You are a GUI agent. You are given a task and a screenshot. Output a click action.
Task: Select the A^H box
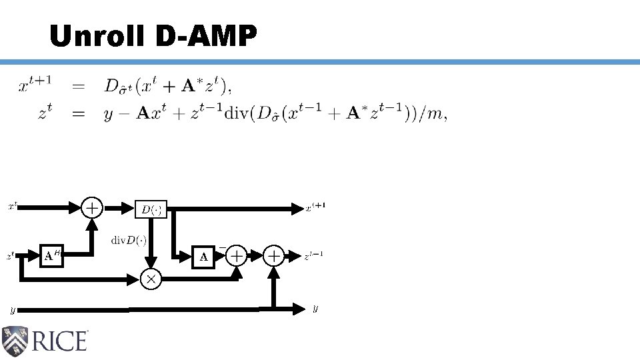(51, 255)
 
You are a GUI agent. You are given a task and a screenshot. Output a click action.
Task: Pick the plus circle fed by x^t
(92, 208)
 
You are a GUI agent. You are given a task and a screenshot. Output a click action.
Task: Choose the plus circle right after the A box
(236, 255)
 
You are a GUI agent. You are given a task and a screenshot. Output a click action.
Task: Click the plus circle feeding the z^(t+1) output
(273, 255)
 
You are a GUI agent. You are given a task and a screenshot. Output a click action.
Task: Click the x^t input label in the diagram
(12, 207)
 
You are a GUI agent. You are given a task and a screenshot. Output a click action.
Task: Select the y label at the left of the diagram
(12, 310)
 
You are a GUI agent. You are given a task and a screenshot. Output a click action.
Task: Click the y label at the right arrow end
(315, 309)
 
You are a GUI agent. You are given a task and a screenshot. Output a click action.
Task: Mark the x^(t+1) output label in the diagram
(315, 208)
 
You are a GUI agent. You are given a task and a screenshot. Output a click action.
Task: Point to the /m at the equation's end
(433, 114)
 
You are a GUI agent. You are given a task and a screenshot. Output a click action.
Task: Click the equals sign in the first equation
(79, 86)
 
